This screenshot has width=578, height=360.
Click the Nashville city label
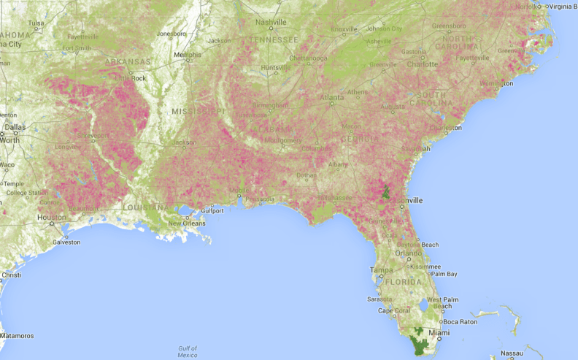270,22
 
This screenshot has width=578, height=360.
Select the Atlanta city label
332,96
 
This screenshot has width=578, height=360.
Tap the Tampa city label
382,269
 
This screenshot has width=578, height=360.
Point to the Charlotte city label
423,64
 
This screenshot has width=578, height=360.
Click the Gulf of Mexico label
188,352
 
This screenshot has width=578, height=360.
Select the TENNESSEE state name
274,39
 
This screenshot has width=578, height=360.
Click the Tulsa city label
36,23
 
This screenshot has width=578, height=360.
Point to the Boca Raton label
459,322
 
